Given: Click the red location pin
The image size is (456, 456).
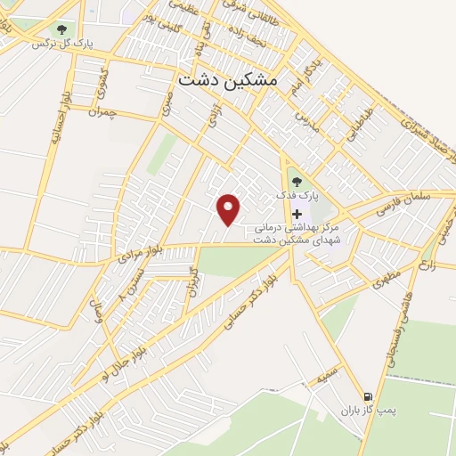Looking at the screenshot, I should coord(229,208).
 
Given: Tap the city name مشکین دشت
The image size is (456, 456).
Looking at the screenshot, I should coord(227,79).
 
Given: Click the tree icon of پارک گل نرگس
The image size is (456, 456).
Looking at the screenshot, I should coord(61,30).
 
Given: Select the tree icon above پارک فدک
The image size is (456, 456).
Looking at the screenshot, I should coord(297,182).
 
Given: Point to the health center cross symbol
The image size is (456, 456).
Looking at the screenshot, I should coord(297,215).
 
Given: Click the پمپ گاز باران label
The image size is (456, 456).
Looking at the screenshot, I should coord(365,411).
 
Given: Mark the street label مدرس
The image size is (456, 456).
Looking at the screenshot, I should coord(306,118).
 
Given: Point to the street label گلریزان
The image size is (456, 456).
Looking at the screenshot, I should coord(189,282).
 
